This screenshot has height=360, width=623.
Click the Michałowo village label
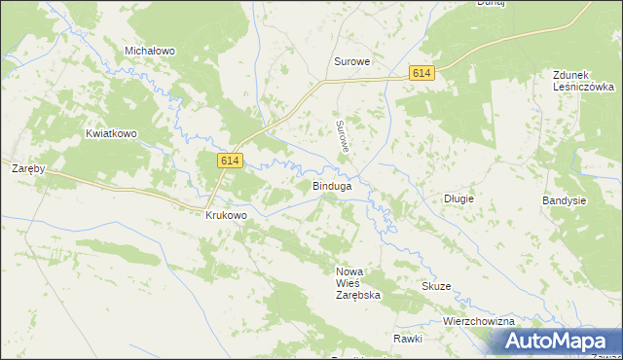149,50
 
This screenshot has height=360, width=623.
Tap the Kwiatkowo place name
108,133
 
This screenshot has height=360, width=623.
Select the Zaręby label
28,168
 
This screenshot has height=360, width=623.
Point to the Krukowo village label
226,215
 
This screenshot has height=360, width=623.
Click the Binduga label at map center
331,184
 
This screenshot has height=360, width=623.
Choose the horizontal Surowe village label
352,61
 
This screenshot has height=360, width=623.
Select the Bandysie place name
565,200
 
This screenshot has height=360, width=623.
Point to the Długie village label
458,198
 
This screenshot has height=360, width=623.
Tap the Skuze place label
436,286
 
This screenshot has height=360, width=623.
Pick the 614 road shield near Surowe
421,74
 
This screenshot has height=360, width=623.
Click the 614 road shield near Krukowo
230,162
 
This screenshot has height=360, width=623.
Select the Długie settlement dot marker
458,186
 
